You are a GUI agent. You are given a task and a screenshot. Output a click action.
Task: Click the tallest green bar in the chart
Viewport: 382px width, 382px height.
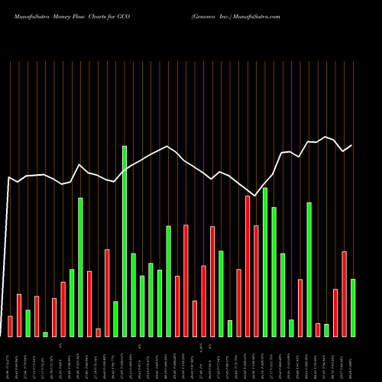[x=125, y=241]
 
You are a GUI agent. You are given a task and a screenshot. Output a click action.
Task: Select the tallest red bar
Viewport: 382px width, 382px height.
[x=248, y=266]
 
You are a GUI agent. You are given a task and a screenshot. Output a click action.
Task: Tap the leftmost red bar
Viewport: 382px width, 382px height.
[x=10, y=326]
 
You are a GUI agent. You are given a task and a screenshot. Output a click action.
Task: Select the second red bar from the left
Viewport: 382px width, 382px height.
[x=19, y=316]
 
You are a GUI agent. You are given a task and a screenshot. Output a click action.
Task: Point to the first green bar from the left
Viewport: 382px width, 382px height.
[x=28, y=323]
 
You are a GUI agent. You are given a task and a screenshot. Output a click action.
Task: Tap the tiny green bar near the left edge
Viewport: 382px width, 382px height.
[x=45, y=335]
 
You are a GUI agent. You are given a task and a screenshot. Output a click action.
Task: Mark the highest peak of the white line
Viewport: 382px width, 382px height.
[x=326, y=137]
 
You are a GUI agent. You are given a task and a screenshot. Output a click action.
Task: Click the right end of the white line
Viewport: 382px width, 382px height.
[x=352, y=145]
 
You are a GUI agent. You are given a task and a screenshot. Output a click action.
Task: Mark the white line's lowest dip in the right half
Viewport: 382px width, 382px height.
[x=256, y=196]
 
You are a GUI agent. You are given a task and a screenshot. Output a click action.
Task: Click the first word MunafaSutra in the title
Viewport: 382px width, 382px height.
[x=25, y=15]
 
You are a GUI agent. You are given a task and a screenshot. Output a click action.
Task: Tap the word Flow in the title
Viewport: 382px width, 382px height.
[x=83, y=15]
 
